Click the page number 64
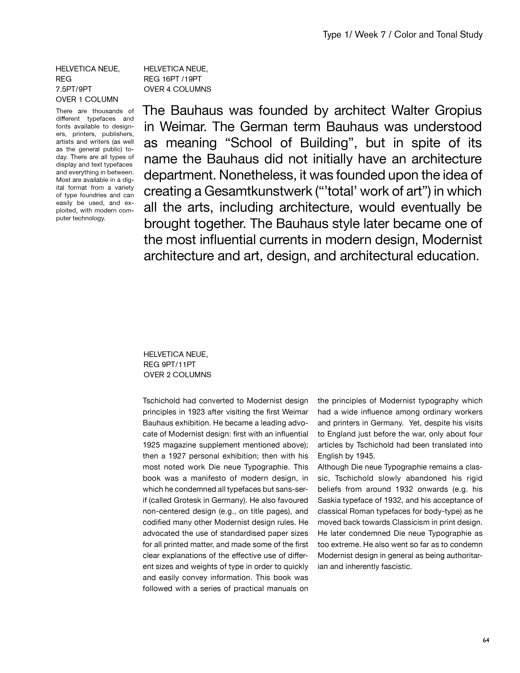(486, 640)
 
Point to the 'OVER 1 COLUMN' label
(87, 100)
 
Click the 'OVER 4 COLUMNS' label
(177, 89)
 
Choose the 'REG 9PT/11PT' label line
(169, 365)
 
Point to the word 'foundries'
(91, 195)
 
